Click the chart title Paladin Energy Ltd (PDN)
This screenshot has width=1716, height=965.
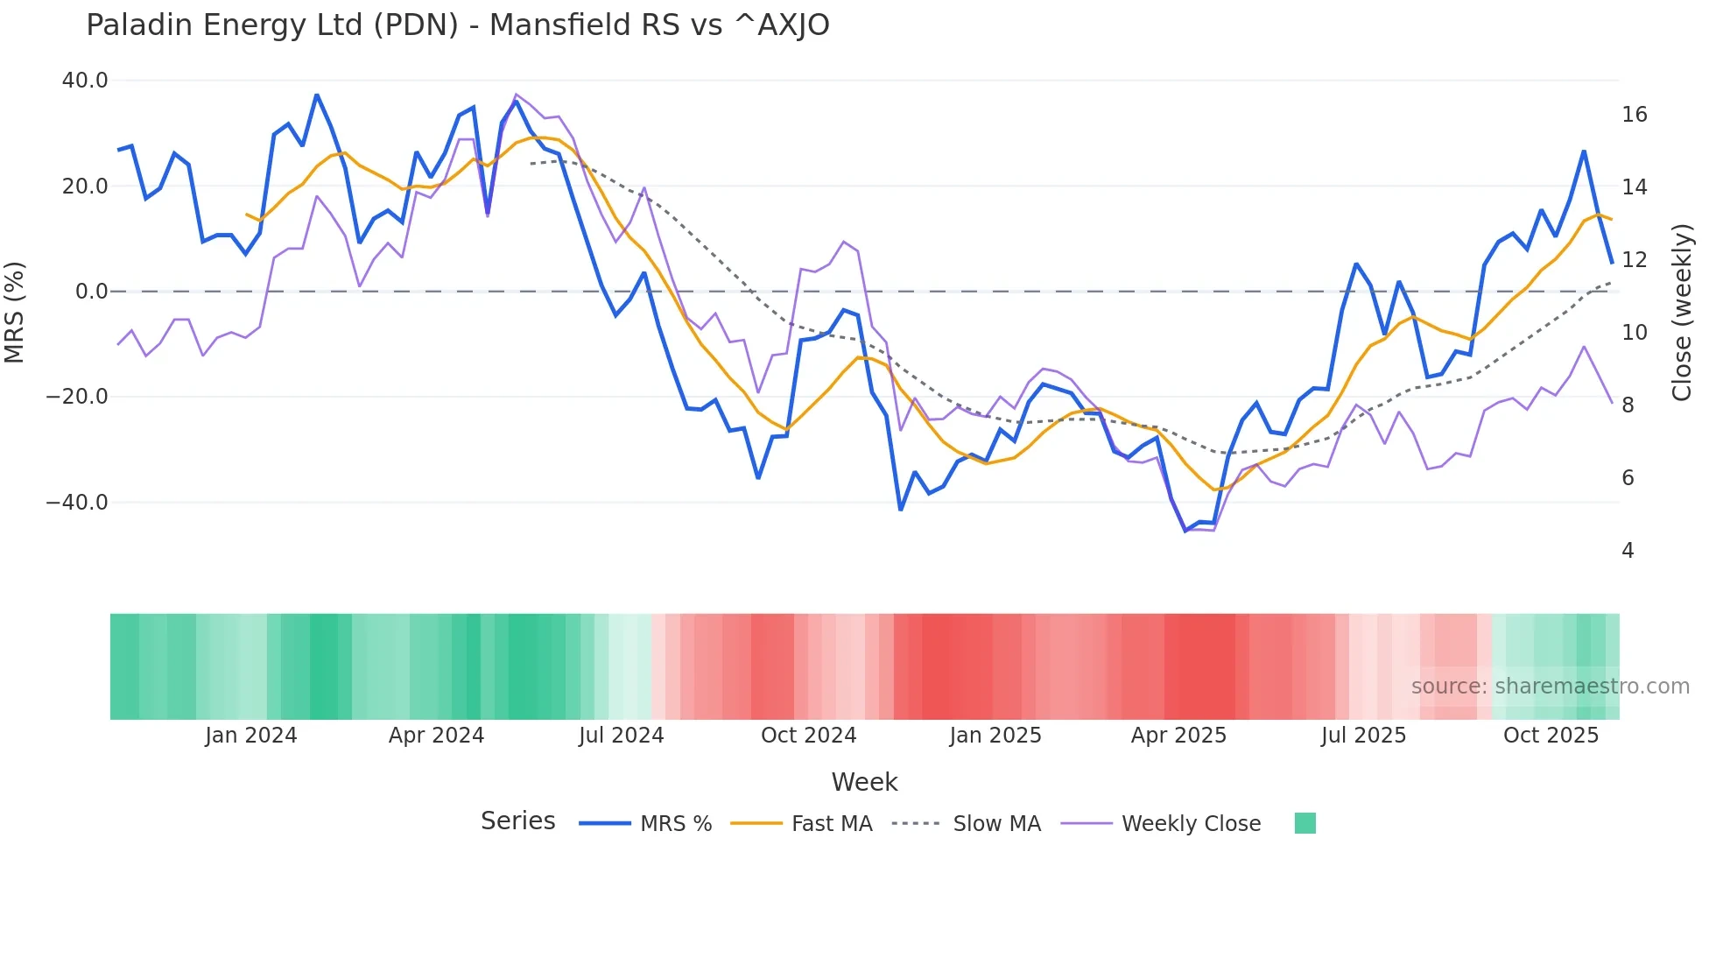pyautogui.click(x=457, y=25)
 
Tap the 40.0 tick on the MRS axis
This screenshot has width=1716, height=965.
pyautogui.click(x=85, y=81)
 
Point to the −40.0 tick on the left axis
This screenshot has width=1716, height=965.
pyautogui.click(x=77, y=503)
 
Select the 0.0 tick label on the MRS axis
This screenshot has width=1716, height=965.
pyautogui.click(x=92, y=292)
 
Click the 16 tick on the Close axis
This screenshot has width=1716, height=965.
pyautogui.click(x=1634, y=115)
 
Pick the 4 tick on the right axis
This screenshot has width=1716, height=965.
pyautogui.click(x=1628, y=551)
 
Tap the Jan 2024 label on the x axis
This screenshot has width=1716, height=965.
pyautogui.click(x=251, y=736)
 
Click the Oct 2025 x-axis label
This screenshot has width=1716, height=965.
pyautogui.click(x=1551, y=736)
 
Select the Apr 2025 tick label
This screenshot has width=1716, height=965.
pyautogui.click(x=1178, y=736)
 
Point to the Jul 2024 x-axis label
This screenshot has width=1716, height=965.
pyautogui.click(x=622, y=736)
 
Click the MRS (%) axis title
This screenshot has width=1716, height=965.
pyautogui.click(x=15, y=312)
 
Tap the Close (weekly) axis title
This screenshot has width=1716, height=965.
pyautogui.click(x=1682, y=313)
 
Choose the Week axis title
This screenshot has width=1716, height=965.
pyautogui.click(x=864, y=782)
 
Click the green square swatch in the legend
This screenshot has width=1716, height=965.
pyautogui.click(x=1305, y=823)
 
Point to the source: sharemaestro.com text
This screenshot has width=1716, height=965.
pyautogui.click(x=1550, y=687)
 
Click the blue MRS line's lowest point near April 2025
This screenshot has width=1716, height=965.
pyautogui.click(x=1186, y=531)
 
